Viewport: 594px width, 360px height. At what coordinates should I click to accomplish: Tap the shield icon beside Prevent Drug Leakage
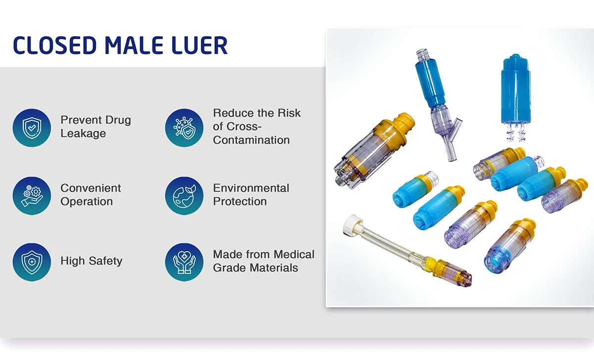coord(32,128)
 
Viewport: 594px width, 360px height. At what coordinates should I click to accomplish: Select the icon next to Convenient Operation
coord(32,196)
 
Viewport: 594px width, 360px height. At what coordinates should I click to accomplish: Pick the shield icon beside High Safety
coord(32,261)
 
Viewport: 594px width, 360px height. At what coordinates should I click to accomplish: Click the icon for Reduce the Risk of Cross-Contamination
coord(184,128)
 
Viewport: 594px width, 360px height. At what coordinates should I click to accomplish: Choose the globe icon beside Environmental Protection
coord(184,196)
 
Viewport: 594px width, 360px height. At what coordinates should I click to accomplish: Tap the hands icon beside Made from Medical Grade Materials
coord(184,261)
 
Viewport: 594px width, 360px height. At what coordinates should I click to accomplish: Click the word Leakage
coord(83,134)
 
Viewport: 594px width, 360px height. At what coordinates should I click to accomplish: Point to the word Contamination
coord(251,140)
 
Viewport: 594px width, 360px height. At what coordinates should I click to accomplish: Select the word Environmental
coord(251,188)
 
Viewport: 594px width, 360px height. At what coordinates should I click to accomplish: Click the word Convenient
coord(91,188)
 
